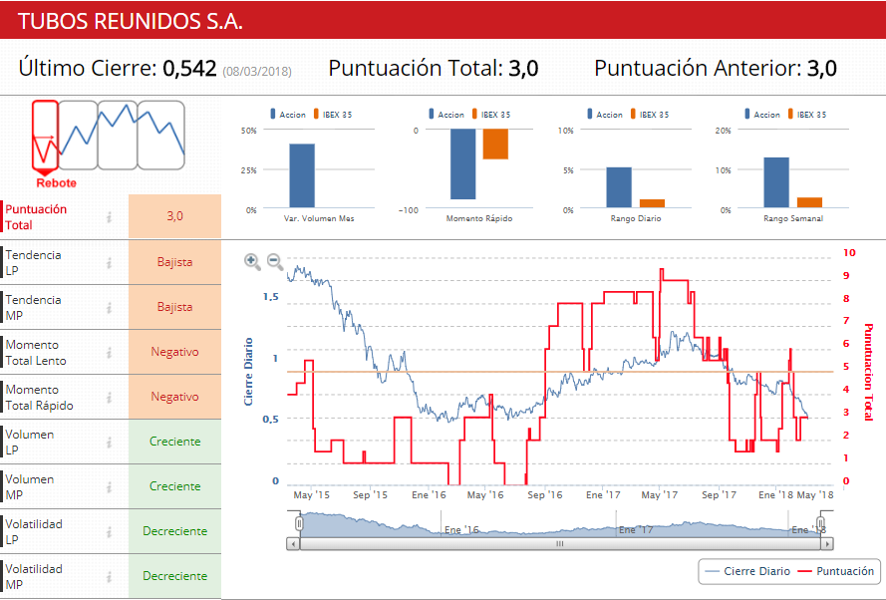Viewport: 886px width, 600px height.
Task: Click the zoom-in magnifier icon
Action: click(x=252, y=261)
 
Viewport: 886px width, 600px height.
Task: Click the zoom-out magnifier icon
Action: click(x=274, y=262)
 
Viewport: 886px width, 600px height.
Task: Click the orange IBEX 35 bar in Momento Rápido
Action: click(x=495, y=145)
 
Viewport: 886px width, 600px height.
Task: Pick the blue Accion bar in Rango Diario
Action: click(x=619, y=188)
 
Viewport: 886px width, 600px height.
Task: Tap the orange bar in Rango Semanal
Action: click(x=809, y=202)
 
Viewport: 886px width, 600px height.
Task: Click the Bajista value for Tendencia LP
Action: click(x=174, y=262)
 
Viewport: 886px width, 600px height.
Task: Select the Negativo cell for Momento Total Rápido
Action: click(x=174, y=397)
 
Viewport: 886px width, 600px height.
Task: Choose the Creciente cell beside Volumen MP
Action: click(x=174, y=486)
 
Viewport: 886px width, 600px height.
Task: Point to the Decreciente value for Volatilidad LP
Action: click(x=174, y=531)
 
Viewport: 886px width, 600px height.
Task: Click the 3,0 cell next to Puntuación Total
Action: click(x=174, y=216)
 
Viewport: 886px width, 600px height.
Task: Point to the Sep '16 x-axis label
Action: click(x=545, y=494)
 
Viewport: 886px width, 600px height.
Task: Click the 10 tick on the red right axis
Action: click(x=848, y=253)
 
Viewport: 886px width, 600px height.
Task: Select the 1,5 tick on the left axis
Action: click(x=270, y=297)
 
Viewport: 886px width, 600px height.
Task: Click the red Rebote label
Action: click(x=56, y=182)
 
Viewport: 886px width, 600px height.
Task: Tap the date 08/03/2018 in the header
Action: click(x=257, y=71)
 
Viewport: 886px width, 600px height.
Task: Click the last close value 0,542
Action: click(x=189, y=69)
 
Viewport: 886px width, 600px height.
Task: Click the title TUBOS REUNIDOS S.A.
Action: click(x=131, y=21)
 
